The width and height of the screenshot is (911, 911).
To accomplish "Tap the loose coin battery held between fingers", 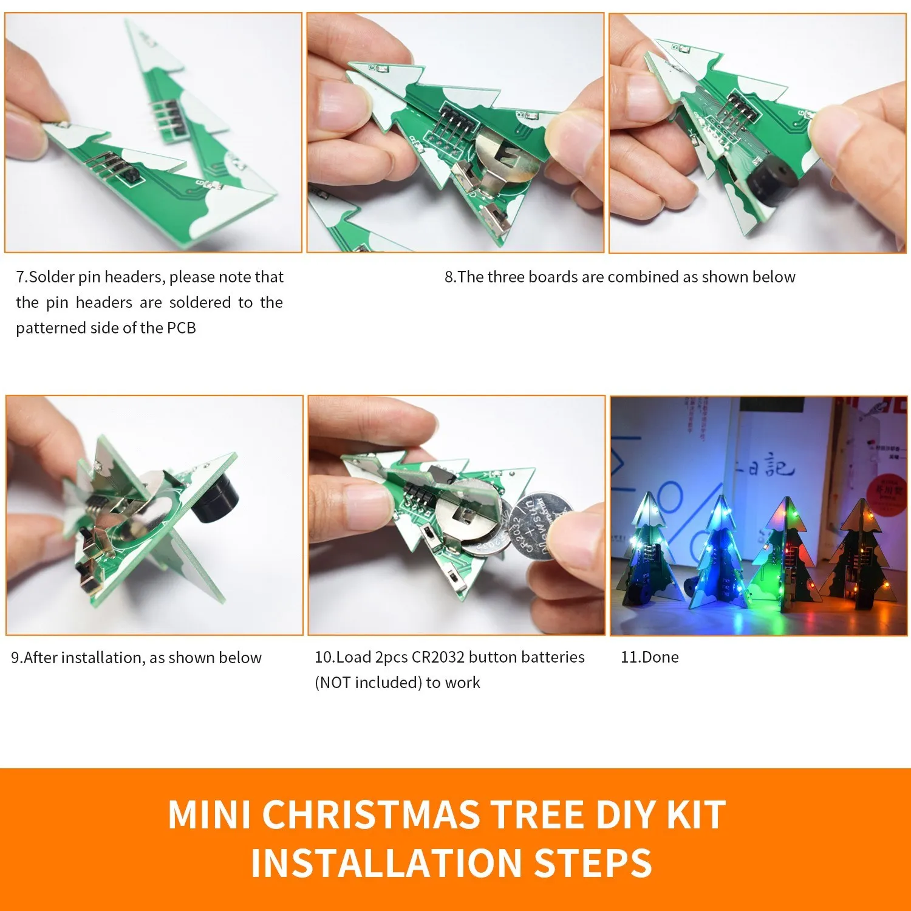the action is coord(541,526).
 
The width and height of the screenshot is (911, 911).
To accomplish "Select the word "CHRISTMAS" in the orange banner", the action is coord(371,814).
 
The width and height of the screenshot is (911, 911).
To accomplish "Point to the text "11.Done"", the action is coord(649,657).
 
